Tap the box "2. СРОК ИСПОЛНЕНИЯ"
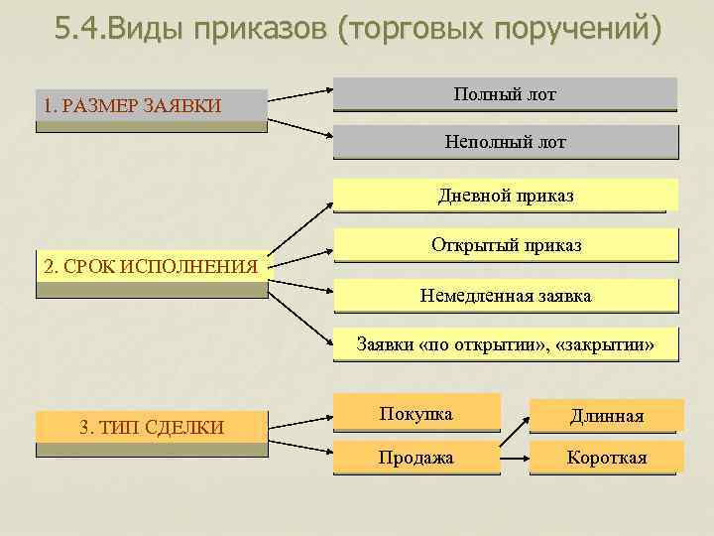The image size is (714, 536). [151, 267]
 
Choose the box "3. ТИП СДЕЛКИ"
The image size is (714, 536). [151, 428]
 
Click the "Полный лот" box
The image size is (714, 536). [505, 94]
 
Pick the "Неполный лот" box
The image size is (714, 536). [505, 142]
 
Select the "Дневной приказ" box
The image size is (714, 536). [505, 196]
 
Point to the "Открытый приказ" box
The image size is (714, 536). [506, 244]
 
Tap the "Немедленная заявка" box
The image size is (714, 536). [506, 295]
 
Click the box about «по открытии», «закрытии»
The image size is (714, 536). [506, 344]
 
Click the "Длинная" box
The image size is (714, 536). [606, 416]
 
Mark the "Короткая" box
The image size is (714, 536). [606, 458]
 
